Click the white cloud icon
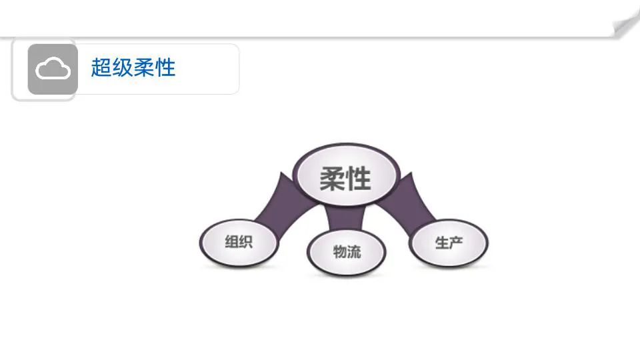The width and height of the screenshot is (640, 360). click(x=53, y=69)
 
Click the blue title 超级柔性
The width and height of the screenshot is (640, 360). click(x=133, y=68)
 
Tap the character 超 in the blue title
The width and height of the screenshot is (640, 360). click(x=101, y=68)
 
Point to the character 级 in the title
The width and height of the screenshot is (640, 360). click(x=122, y=68)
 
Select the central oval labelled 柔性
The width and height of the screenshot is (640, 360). click(x=346, y=177)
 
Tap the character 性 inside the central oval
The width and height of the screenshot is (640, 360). click(x=359, y=179)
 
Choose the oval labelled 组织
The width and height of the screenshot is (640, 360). click(x=239, y=242)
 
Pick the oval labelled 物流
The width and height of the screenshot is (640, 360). click(x=347, y=253)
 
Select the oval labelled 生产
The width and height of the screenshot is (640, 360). click(x=449, y=243)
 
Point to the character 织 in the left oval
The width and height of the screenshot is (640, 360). click(x=245, y=242)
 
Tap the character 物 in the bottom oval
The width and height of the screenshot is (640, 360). click(x=339, y=252)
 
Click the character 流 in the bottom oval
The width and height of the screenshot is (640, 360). click(x=354, y=252)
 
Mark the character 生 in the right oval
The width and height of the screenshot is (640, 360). click(x=441, y=243)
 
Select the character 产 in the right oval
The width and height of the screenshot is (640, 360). click(x=456, y=243)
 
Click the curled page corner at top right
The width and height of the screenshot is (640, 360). click(x=627, y=25)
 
